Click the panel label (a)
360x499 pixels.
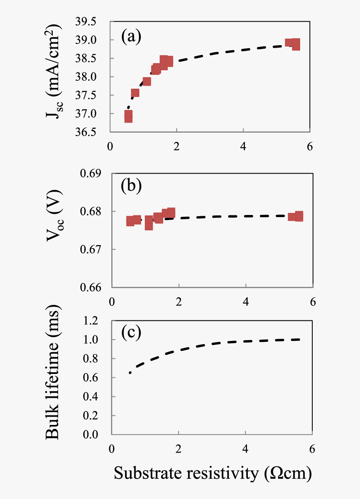click(131, 36)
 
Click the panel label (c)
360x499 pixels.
click(131, 333)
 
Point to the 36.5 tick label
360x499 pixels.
click(96, 132)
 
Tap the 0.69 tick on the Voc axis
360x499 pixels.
click(97, 173)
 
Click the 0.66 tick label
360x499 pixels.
click(97, 288)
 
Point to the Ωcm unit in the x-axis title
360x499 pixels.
click(291, 473)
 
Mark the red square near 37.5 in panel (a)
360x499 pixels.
click(135, 93)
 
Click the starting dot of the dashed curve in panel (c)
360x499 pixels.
click(130, 372)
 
